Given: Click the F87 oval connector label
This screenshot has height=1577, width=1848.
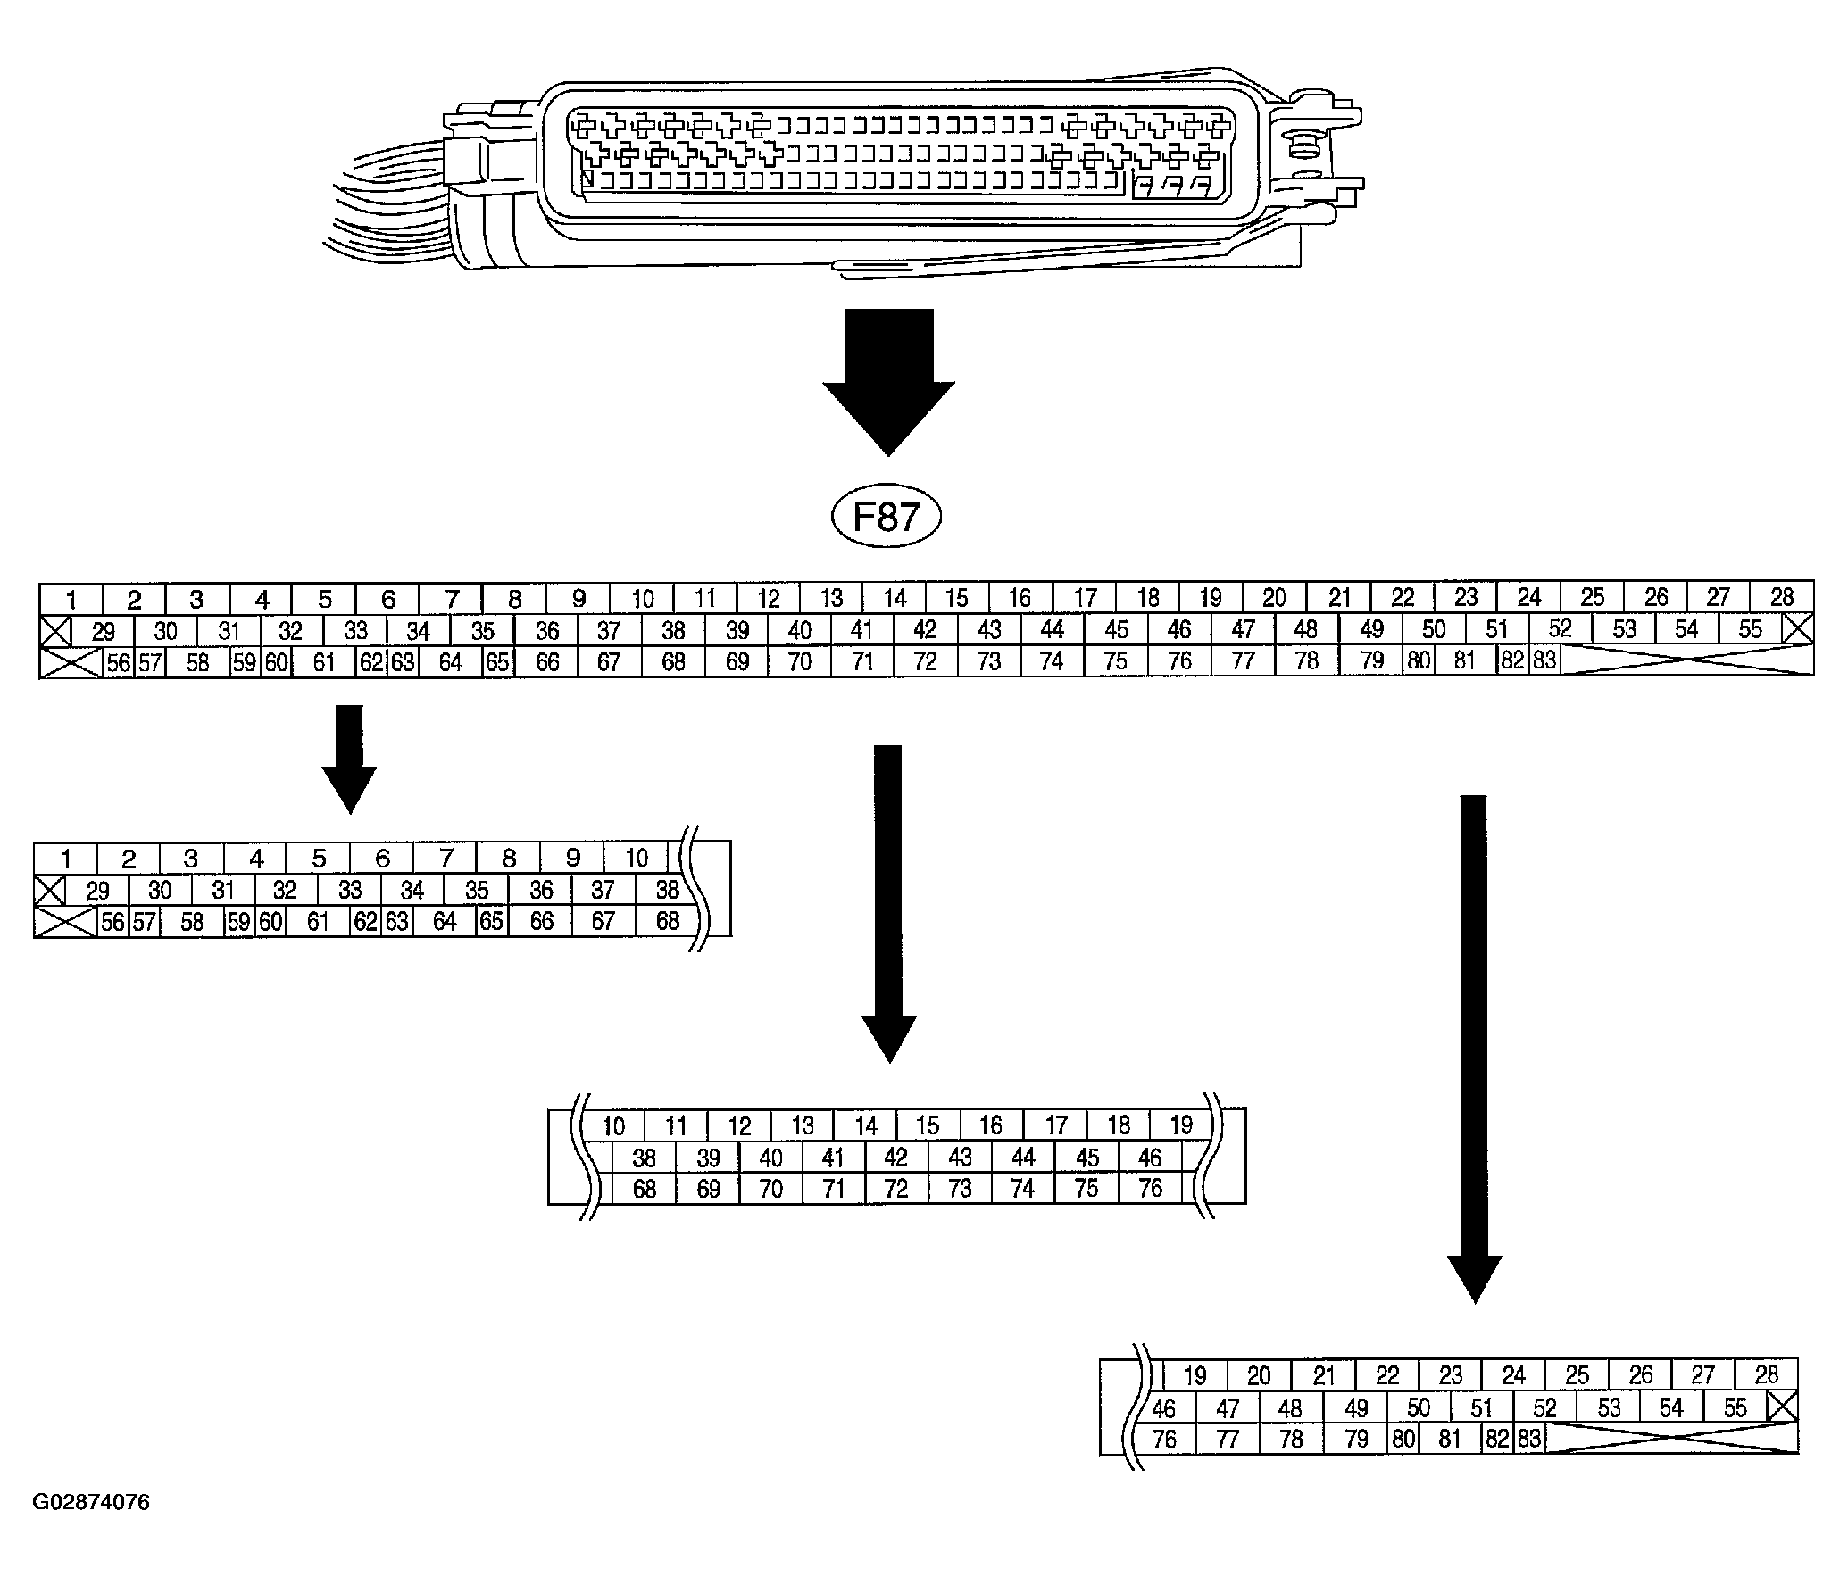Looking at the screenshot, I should (887, 518).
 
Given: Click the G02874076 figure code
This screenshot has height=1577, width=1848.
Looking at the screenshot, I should (91, 1503).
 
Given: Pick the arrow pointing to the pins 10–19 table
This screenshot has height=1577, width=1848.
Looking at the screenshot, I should (888, 901).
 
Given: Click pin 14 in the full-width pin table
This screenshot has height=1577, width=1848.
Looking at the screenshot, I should (895, 598).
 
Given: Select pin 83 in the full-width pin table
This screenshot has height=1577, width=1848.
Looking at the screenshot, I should (1544, 661).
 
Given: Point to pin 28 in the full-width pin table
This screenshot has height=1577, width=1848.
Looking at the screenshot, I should (1781, 597).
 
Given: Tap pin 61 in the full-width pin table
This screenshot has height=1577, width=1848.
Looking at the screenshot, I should (324, 662).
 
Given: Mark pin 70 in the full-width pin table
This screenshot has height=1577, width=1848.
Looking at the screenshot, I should (800, 662).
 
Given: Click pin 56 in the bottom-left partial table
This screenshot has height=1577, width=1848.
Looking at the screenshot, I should (112, 922).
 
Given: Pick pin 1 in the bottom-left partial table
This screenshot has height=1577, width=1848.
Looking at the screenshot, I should (65, 859).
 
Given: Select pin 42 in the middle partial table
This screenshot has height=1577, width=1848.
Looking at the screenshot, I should (895, 1158).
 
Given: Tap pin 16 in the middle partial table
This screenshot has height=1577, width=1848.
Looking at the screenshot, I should (991, 1125).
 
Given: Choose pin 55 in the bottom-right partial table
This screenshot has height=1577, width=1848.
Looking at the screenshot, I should (1735, 1407).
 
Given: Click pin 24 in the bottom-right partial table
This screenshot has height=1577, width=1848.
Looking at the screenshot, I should (1513, 1375).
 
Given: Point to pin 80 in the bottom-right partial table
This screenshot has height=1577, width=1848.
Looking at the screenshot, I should (1403, 1439).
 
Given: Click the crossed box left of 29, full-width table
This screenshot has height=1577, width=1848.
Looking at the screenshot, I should (55, 631).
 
